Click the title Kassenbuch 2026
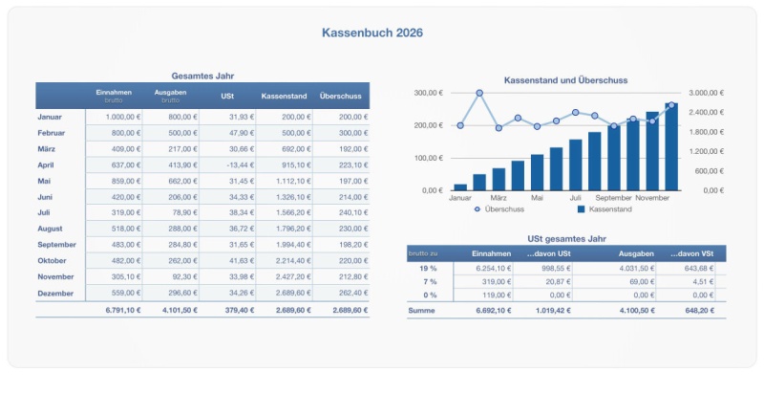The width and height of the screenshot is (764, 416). point(372,33)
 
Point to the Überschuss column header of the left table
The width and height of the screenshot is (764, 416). point(340,96)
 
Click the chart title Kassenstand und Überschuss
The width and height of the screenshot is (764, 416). point(565,80)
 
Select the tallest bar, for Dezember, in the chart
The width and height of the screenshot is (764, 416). point(671,148)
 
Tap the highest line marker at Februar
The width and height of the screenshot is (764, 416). point(479,94)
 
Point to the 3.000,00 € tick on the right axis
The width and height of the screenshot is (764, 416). point(707,93)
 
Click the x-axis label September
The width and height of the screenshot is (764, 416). point(614,198)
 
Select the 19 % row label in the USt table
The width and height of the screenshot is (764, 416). point(429,268)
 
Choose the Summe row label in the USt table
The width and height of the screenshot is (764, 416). point(422,311)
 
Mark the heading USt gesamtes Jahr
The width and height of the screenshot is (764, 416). point(566,238)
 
